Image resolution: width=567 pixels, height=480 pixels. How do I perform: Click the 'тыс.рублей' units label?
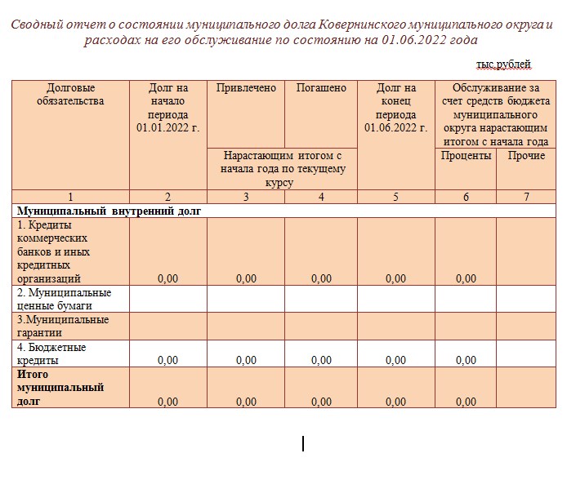503,64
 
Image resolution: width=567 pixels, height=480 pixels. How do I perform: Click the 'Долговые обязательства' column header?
71,95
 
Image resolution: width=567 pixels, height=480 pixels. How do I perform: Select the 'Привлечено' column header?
246,88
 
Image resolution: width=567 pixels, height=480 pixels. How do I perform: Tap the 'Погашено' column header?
321,88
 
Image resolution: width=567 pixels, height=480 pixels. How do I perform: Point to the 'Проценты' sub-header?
466,155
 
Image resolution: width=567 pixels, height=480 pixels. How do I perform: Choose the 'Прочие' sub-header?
526,155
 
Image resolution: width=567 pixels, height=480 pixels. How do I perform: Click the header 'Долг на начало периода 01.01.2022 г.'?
168,108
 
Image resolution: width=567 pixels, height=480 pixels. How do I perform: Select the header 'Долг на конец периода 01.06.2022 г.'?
395,108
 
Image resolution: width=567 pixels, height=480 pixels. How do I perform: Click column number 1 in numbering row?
70,197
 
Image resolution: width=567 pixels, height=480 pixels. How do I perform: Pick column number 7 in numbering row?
526,197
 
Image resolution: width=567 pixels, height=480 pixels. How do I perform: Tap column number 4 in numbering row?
321,197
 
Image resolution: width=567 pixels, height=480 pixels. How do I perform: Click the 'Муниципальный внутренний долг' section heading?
109,211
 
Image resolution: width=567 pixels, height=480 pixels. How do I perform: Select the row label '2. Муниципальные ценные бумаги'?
65,299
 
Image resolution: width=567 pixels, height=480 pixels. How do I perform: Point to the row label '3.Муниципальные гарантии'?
63,326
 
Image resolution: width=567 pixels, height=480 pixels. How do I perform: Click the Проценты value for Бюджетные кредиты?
466,360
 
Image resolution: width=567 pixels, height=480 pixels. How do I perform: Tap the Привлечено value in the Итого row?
246,402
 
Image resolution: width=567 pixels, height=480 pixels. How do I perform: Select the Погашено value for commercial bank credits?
321,278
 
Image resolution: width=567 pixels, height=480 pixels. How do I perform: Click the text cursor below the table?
303,443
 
